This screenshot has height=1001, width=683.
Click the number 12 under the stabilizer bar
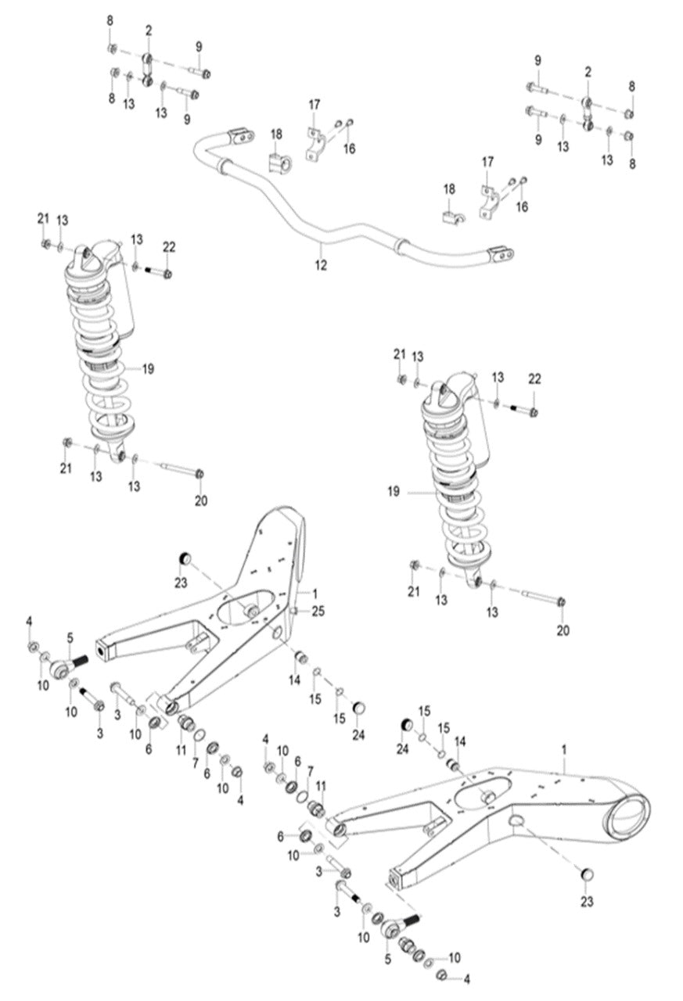tap(321, 266)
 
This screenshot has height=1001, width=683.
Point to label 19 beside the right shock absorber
tap(393, 492)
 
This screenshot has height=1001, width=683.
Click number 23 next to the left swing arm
tap(182, 582)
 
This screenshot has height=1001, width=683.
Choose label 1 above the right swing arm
tap(564, 749)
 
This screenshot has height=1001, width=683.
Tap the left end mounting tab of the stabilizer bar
tap(241, 136)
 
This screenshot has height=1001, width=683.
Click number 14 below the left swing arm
tap(295, 680)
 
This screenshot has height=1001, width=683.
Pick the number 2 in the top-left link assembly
tap(149, 30)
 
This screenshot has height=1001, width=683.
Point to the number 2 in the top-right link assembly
tap(587, 71)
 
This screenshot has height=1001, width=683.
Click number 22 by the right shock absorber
tap(534, 379)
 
